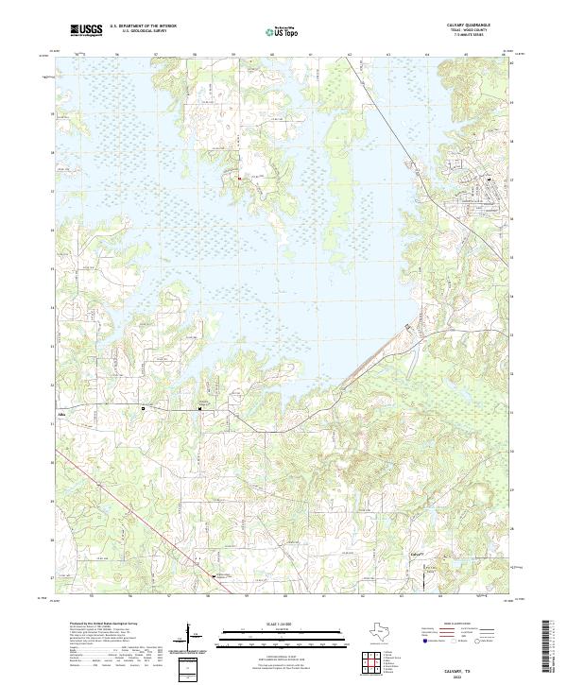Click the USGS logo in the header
(88, 30)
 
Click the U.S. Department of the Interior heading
(141, 26)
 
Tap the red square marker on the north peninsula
(239, 177)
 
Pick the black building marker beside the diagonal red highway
(214, 575)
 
